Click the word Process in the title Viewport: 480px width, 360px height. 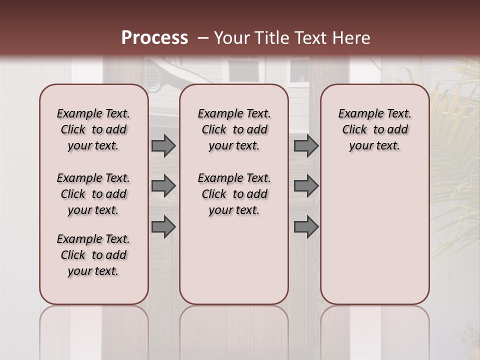(x=154, y=37)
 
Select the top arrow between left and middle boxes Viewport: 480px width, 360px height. (x=163, y=145)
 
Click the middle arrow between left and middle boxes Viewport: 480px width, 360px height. (x=163, y=186)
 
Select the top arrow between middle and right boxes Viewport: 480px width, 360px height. (x=306, y=145)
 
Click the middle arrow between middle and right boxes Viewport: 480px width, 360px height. (x=306, y=186)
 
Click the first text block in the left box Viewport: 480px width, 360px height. (x=93, y=129)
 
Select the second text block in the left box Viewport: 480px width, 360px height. (x=93, y=194)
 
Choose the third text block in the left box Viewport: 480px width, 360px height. (x=93, y=255)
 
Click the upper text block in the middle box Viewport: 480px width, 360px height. (x=234, y=129)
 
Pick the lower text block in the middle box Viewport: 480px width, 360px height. (x=234, y=194)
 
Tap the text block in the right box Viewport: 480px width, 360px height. (x=374, y=129)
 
